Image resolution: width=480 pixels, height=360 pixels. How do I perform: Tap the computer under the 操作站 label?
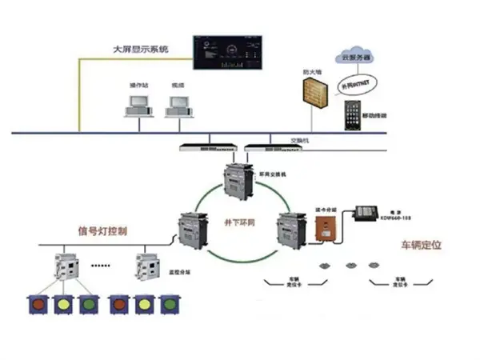point(137,103)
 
